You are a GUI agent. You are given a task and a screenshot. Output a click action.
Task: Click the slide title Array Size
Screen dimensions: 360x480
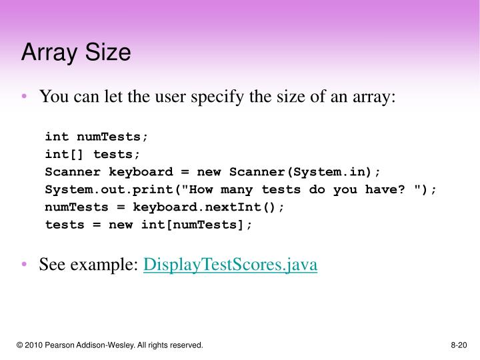(x=75, y=53)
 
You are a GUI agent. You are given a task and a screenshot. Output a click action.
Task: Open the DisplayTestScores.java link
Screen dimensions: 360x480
(x=231, y=265)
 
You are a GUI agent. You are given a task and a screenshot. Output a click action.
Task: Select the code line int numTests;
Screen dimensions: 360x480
(x=97, y=137)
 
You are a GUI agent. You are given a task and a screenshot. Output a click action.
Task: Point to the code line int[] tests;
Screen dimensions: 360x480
(x=93, y=154)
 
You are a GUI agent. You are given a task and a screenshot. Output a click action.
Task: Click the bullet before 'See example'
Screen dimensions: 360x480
(x=25, y=265)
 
